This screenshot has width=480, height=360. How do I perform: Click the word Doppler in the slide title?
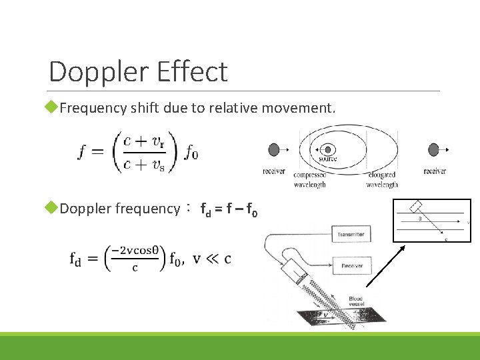(x=97, y=72)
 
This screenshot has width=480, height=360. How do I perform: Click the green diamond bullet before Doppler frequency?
(x=54, y=208)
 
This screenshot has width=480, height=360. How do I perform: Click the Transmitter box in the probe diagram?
(x=351, y=234)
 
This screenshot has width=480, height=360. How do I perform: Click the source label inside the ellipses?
(x=327, y=159)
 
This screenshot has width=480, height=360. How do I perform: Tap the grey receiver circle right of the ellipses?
(x=434, y=149)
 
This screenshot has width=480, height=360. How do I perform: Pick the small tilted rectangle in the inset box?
(x=417, y=205)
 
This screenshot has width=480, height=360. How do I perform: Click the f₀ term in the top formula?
(x=191, y=154)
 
